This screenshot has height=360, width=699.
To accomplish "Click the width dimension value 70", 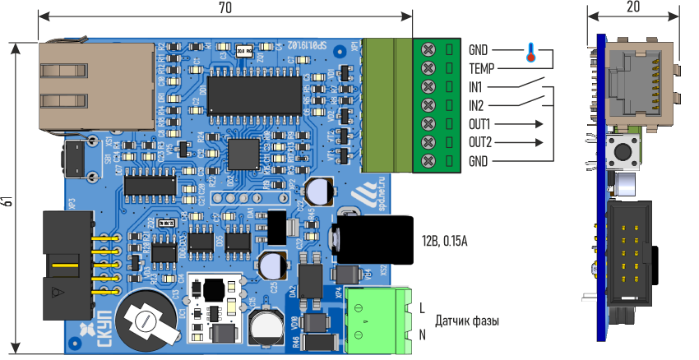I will pos(225,8).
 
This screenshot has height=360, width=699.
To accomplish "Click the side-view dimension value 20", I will pos(632,7).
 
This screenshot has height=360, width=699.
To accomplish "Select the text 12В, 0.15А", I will pos(445,240).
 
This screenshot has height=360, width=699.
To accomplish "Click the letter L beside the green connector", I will pos(423,308).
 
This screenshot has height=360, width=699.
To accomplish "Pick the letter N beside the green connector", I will pos(423,335).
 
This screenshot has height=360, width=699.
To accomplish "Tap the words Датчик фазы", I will pos(467,321).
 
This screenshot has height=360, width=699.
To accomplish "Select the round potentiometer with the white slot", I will pos(147,321).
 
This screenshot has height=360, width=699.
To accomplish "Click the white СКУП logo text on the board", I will pos(104,325).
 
